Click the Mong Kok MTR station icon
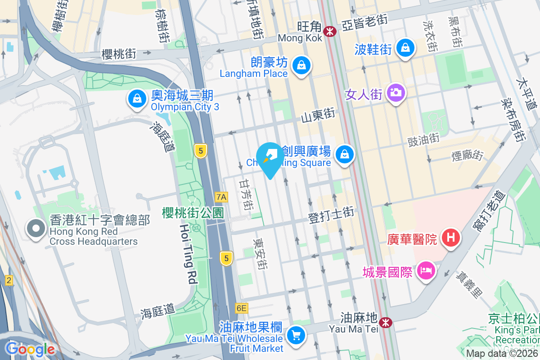(330, 31)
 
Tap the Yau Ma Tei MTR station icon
(385, 322)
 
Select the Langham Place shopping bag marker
(300, 65)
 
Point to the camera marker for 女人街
(396, 93)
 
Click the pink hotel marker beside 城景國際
(425, 270)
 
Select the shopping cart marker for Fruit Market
(296, 335)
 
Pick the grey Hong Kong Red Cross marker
(36, 229)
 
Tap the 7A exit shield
(221, 197)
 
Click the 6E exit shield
(241, 308)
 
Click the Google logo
(30, 349)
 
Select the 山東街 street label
(318, 116)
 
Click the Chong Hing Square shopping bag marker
(345, 154)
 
